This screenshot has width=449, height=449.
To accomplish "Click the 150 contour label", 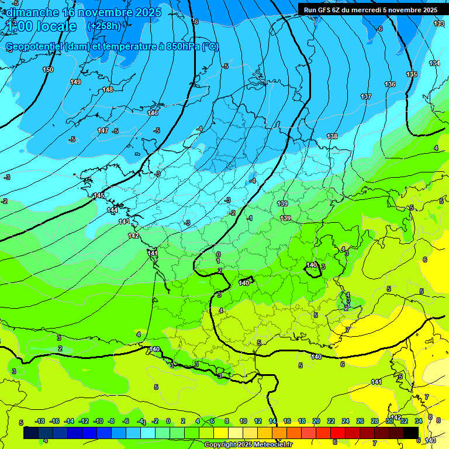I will [x=48, y=70].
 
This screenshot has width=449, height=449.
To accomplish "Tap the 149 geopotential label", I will [x=75, y=82].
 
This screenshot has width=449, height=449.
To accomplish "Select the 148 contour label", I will [x=108, y=89].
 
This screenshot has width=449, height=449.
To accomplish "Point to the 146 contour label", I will [x=153, y=113].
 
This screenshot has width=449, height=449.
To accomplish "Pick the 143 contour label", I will [x=124, y=222].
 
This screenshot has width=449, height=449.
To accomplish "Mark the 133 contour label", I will [x=439, y=23].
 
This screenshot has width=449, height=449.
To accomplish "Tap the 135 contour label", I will [x=412, y=74].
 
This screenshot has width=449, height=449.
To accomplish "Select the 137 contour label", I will [x=366, y=96].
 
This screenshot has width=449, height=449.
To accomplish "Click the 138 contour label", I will [x=332, y=136].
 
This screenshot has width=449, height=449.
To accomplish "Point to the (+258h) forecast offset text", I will [x=103, y=26].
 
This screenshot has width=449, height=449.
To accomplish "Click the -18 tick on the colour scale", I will [x=40, y=421].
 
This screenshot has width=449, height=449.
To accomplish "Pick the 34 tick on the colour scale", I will [x=419, y=421].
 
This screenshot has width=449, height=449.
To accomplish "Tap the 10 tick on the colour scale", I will [x=243, y=421].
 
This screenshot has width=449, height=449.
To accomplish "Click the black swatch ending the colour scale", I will [x=411, y=433].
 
